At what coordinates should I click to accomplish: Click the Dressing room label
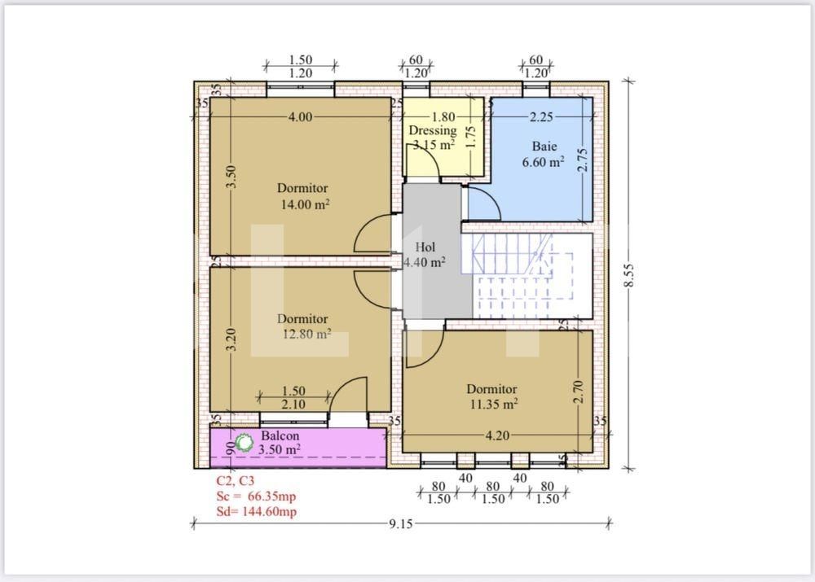coord(432,131)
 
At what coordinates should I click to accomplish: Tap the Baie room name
coord(544,147)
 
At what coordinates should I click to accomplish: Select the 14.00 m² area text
coord(305,205)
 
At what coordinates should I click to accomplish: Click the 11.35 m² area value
coord(492,404)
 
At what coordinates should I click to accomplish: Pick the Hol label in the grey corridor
coord(425,247)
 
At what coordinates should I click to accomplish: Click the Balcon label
coord(280,435)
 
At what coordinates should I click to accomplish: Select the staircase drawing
coord(526,277)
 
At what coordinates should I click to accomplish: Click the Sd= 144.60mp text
coord(256,511)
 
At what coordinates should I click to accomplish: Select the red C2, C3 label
coord(236,481)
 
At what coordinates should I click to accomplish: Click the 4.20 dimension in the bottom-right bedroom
coord(497,435)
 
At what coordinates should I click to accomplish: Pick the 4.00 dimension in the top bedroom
coord(300,116)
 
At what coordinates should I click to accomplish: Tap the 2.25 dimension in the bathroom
coord(541,116)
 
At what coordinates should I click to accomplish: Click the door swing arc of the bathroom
coord(484,203)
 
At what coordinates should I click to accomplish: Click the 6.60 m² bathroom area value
coord(544,162)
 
